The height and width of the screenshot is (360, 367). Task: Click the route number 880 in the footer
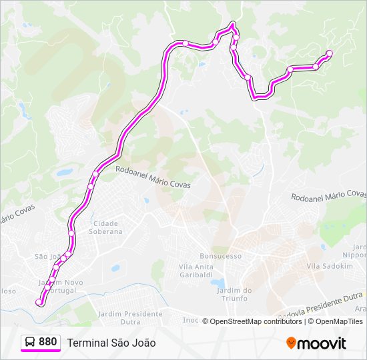point(47,342)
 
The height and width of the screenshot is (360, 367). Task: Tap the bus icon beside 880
point(31,342)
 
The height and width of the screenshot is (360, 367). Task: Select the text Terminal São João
point(111,343)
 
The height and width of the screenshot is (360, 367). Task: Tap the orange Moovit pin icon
point(292,343)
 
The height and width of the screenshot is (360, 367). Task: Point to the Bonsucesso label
point(220,256)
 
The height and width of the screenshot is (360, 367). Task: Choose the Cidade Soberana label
point(107,227)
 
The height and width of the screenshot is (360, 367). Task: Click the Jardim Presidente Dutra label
point(129,317)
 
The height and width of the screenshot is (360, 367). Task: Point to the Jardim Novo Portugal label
point(61,286)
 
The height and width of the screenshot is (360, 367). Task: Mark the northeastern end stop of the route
point(329,53)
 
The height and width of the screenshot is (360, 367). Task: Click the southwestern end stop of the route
point(39,303)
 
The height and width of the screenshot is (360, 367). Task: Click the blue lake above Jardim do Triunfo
point(219,283)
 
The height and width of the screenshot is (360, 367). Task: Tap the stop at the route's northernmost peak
point(233,26)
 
